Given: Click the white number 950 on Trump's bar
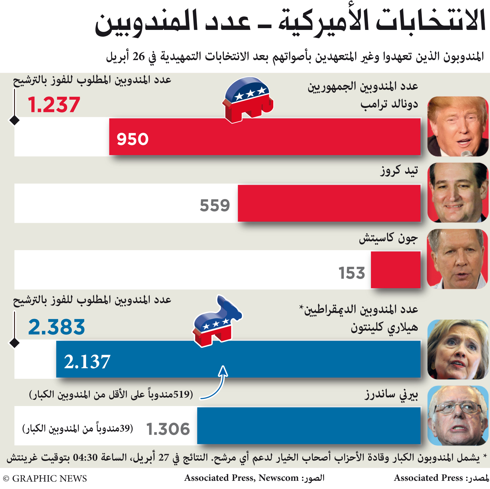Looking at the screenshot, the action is click(133, 139).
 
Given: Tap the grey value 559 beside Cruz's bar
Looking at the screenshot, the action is click(215, 205).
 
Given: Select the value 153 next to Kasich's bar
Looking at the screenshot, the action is click(352, 273).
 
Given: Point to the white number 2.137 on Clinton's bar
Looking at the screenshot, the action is click(87, 361).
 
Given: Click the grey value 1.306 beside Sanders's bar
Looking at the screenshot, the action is click(168, 429).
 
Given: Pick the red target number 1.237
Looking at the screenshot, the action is click(54, 105).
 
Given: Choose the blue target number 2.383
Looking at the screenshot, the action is click(57, 327).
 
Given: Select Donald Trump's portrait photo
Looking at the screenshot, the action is click(458, 126).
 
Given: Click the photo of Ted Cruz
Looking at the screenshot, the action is click(458, 193).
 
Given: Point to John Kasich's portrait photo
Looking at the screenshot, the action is click(458, 259).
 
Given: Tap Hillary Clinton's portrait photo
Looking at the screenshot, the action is click(458, 349).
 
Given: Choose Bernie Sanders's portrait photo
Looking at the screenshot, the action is click(458, 416).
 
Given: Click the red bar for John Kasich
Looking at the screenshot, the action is click(396, 270).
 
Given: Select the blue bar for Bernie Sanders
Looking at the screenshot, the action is click(309, 426).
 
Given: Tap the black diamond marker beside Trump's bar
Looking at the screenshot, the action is click(14, 120).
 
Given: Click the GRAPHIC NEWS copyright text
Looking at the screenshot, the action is click(45, 478).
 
